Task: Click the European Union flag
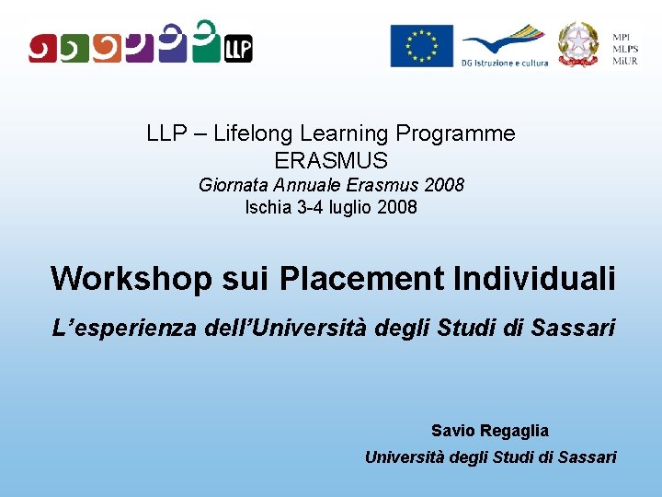point(421,46)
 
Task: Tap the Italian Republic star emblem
point(578,44)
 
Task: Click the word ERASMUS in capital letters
point(331,160)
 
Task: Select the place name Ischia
point(268,207)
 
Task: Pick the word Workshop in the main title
point(131,278)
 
